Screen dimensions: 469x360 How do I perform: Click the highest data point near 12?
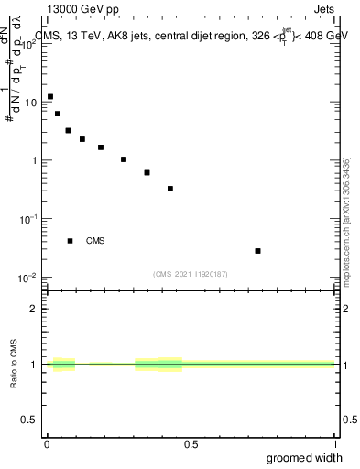pyautogui.click(x=50, y=96)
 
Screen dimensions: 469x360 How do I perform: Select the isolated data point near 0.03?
pyautogui.click(x=258, y=251)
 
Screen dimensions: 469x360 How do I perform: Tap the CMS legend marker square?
pyautogui.click(x=70, y=241)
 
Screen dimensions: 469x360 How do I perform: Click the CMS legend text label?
pyautogui.click(x=95, y=241)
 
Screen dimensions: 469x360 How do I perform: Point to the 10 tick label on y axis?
pyautogui.click(x=29, y=103)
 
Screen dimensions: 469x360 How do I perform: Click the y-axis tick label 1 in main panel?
pyautogui.click(x=33, y=160)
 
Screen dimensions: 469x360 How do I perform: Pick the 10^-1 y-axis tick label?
pyautogui.click(x=27, y=219)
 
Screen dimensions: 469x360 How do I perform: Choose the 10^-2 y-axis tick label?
pyautogui.click(x=27, y=278)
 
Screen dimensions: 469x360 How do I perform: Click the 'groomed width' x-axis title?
pyautogui.click(x=305, y=457)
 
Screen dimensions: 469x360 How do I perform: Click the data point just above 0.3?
pyautogui.click(x=170, y=189)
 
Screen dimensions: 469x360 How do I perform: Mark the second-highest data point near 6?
pyautogui.click(x=58, y=114)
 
